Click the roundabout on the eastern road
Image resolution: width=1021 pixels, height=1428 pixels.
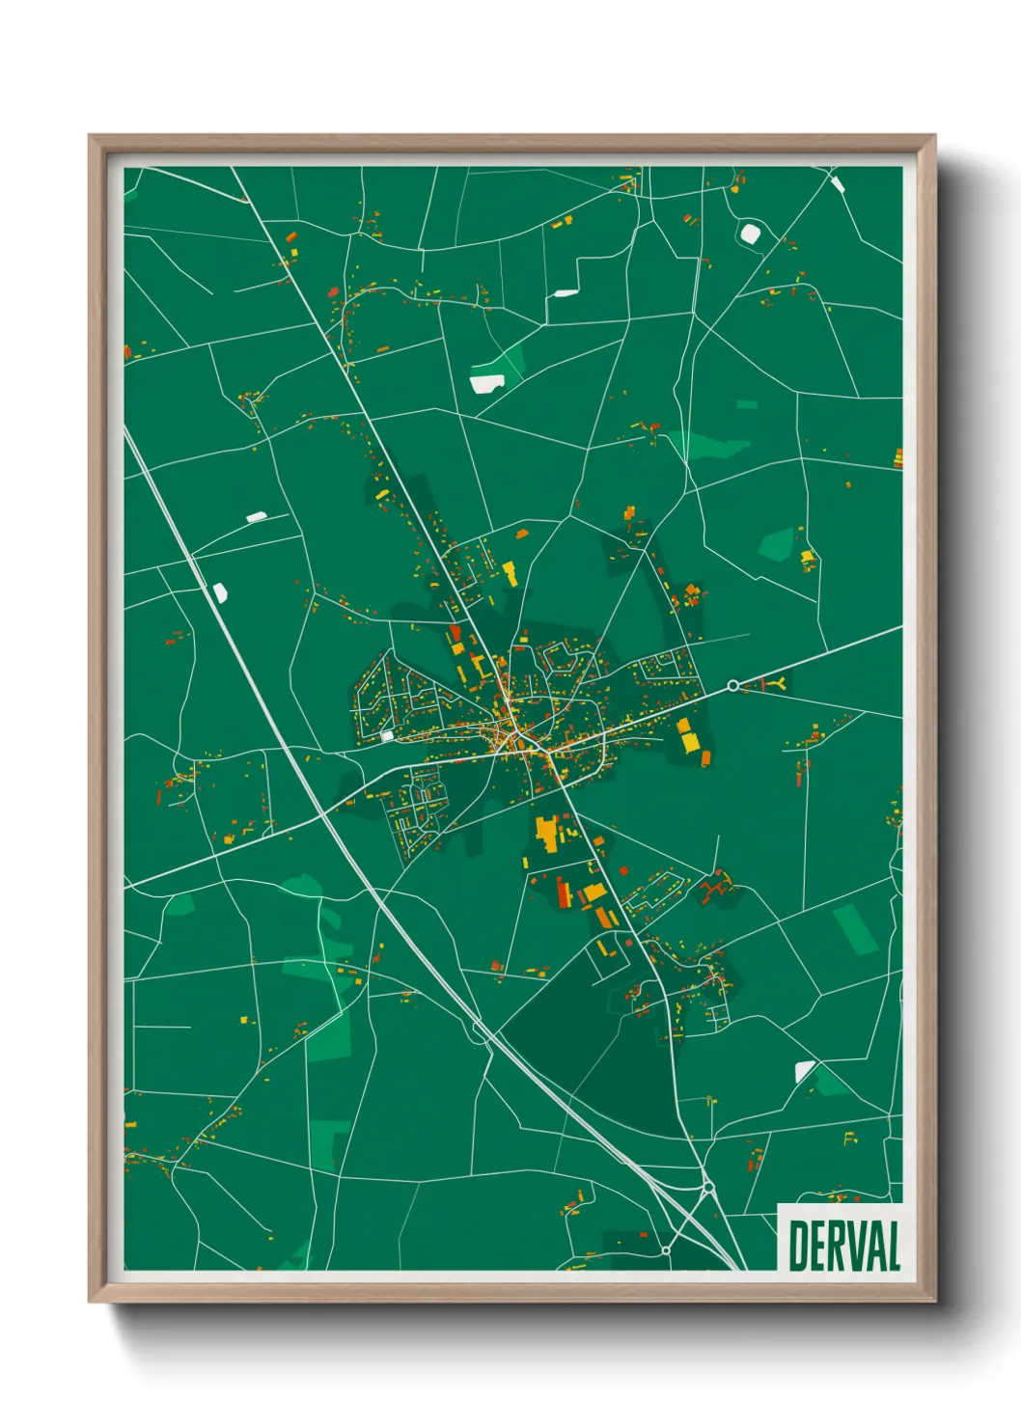point(732,685)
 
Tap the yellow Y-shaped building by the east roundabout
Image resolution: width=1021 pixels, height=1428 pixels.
point(777,683)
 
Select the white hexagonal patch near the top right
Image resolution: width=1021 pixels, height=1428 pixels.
point(750,233)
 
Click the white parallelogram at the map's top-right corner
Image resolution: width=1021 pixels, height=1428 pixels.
point(837,182)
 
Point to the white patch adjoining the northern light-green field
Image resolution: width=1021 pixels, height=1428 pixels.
point(485,383)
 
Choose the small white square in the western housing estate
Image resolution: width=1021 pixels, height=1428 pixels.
point(387,736)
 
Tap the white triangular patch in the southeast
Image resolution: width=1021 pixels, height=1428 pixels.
point(803,1070)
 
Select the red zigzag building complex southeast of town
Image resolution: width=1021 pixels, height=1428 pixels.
point(716,886)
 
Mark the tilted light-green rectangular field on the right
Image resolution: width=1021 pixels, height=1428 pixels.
point(854,928)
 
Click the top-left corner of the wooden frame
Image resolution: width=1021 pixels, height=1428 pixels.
point(91,137)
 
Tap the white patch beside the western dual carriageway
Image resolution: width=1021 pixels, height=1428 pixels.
point(220,592)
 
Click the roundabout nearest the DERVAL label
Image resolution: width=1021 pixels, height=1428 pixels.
point(708,1187)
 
